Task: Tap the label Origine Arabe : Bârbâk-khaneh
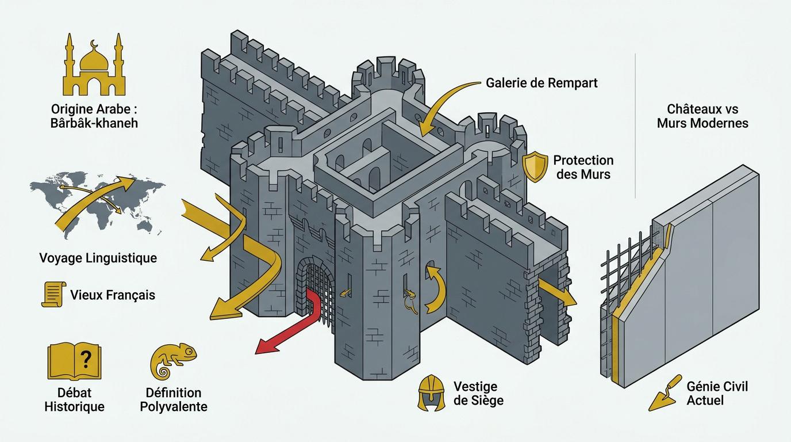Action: [x=95, y=116]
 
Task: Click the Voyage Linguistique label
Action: [x=98, y=258]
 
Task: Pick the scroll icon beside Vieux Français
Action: [x=52, y=294]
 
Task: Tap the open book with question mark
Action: [x=74, y=361]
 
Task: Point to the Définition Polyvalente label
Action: [x=173, y=399]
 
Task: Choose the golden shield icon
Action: [x=535, y=167]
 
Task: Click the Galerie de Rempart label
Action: [x=542, y=83]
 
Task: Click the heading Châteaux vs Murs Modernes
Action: [x=702, y=116]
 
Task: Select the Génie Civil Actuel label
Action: [x=717, y=393]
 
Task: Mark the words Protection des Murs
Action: [x=583, y=167]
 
